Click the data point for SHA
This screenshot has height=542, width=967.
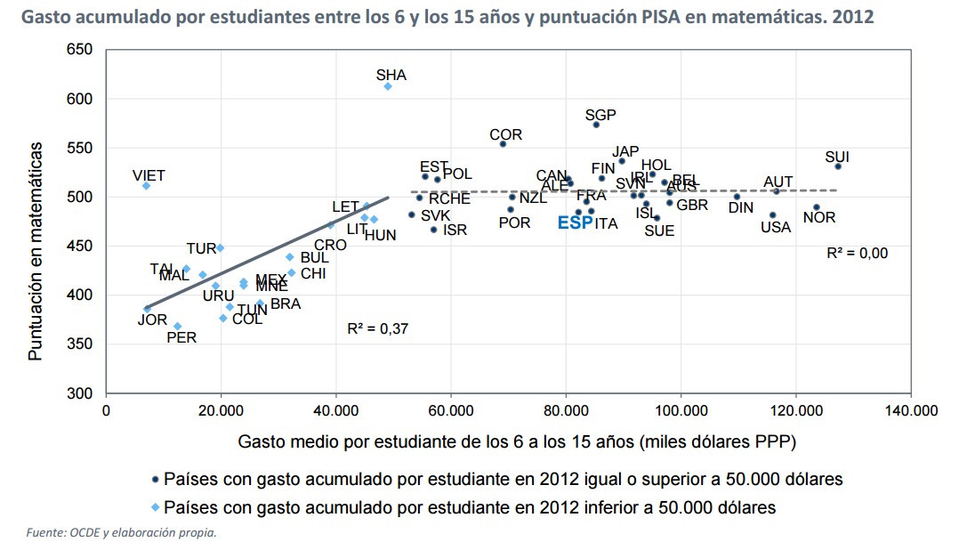388,86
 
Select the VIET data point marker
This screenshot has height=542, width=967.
146,185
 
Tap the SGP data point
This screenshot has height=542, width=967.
596,125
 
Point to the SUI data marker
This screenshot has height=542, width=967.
838,166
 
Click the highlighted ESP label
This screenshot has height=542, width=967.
575,223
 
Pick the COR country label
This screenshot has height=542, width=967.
505,135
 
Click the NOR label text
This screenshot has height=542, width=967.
818,218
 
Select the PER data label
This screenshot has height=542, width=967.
181,338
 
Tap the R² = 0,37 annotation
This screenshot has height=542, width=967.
377,328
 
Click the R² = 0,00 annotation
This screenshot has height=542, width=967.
857,254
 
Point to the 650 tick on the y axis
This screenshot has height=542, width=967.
80,50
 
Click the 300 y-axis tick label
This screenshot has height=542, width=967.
80,393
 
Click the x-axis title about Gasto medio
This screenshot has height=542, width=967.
516,441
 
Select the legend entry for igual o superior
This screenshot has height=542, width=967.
504,480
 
